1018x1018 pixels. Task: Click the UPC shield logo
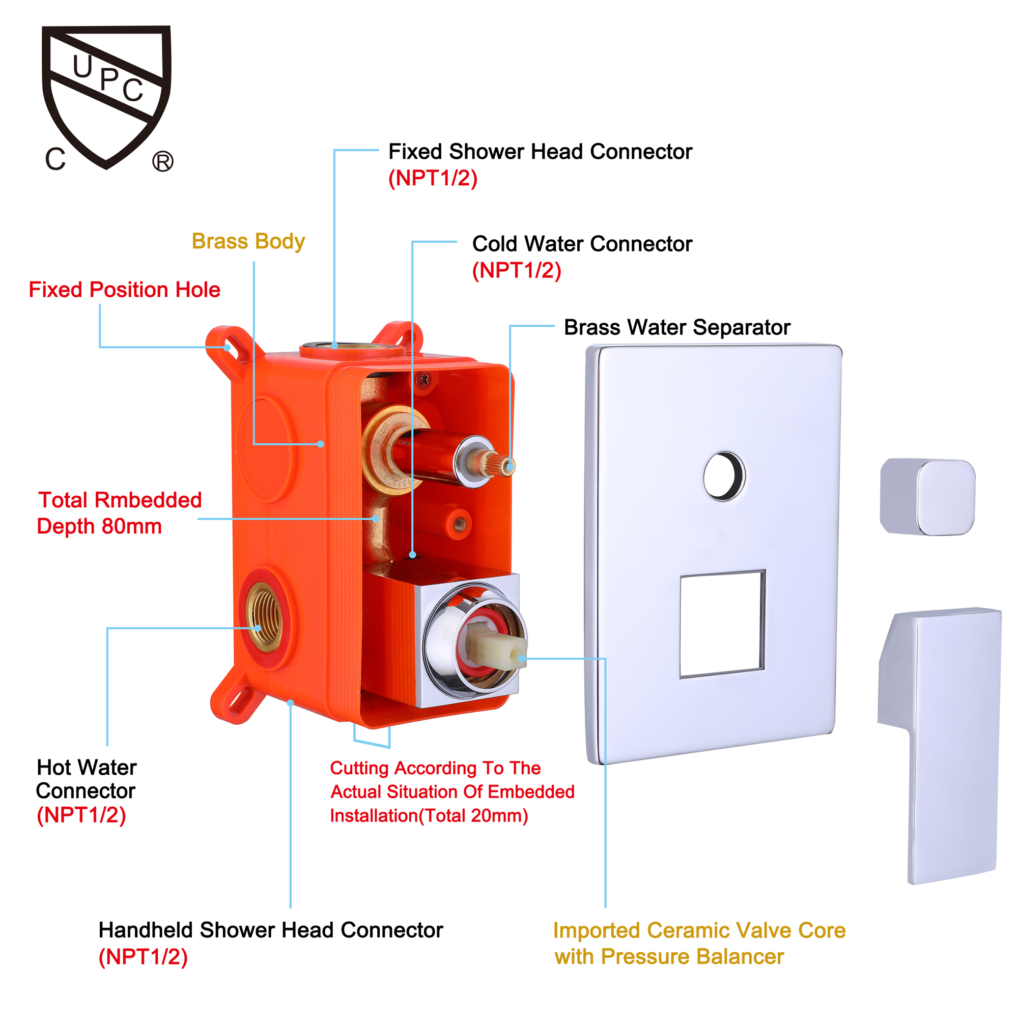click(107, 98)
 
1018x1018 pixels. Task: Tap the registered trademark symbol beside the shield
click(163, 161)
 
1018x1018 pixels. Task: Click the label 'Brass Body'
click(248, 241)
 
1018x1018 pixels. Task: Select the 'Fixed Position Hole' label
click(124, 290)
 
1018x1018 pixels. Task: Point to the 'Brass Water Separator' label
click(677, 327)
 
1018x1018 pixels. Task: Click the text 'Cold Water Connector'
click(582, 244)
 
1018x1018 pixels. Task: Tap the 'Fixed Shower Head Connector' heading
click(540, 152)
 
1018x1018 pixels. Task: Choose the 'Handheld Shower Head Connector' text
click(271, 930)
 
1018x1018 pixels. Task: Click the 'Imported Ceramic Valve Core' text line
click(699, 930)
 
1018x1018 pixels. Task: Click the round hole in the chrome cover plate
click(724, 476)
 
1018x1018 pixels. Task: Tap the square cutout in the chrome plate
click(722, 624)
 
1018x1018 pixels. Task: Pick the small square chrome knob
click(928, 497)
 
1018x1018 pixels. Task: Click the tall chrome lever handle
click(940, 746)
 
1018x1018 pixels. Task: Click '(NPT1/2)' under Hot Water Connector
click(81, 815)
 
